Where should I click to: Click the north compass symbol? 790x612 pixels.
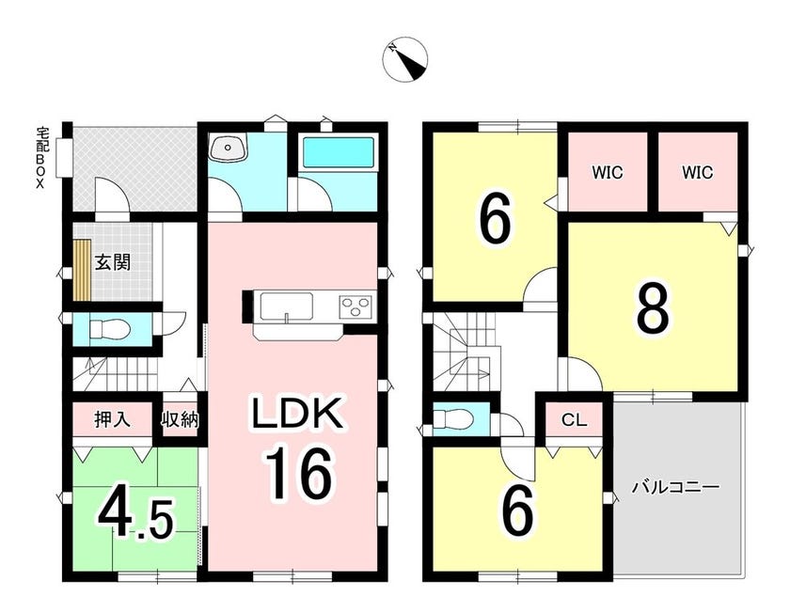[404, 59]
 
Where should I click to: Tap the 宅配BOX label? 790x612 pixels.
[40, 157]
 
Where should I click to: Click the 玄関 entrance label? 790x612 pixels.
[113, 262]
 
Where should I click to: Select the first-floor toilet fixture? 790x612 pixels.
[110, 330]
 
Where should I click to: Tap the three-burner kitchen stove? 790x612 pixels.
[356, 306]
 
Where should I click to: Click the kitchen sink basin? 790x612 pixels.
[286, 306]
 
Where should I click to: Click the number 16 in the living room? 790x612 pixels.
[300, 474]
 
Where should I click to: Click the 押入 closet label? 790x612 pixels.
[112, 419]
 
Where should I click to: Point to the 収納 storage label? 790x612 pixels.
[180, 419]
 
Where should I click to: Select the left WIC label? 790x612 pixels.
[608, 173]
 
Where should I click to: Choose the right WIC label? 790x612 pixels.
[697, 173]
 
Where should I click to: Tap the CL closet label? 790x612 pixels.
[575, 420]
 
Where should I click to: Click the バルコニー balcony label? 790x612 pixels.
[675, 488]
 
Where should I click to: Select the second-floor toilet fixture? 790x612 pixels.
[452, 417]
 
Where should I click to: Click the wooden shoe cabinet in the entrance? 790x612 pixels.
[81, 270]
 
